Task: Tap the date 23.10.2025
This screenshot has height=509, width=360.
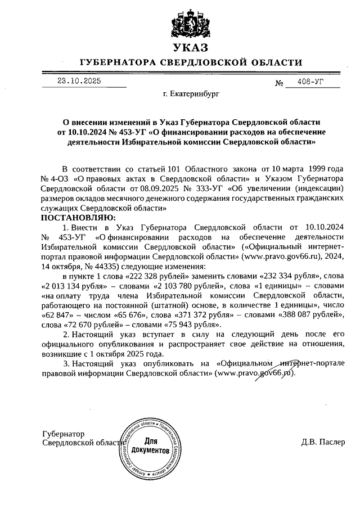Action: [x=79, y=81]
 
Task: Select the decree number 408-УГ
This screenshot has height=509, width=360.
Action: [x=311, y=82]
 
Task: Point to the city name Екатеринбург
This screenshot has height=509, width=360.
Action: [x=183, y=94]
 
